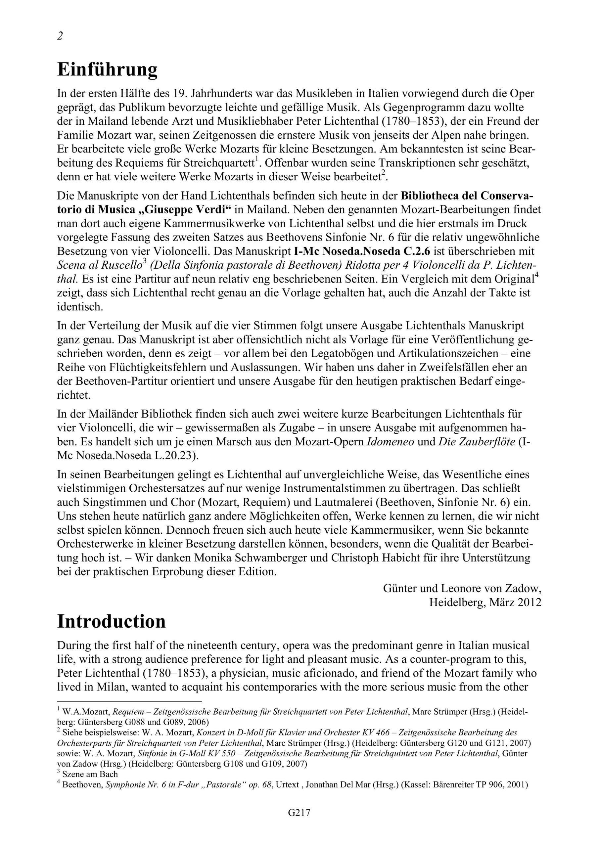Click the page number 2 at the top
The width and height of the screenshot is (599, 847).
(60, 36)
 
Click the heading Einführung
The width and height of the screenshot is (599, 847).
(108, 69)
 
